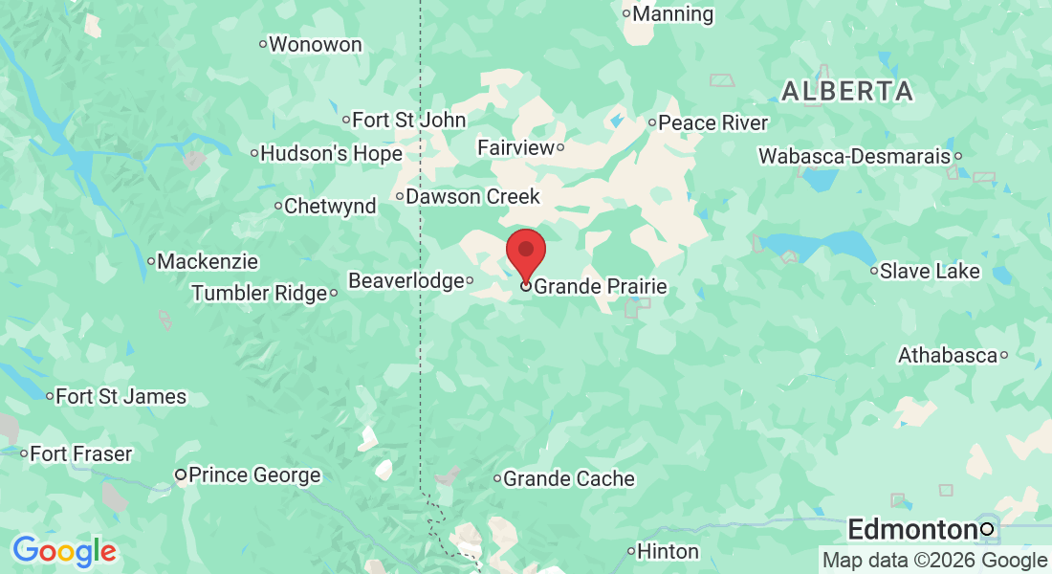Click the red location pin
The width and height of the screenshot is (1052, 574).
click(x=525, y=252)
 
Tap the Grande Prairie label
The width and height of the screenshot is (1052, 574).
click(x=600, y=286)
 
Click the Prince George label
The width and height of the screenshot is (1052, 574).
click(x=254, y=475)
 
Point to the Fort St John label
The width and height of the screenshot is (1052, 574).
click(x=408, y=120)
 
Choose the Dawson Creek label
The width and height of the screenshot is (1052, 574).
click(x=472, y=196)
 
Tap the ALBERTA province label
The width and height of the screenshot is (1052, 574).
click(x=846, y=92)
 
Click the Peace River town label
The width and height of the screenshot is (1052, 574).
click(x=712, y=122)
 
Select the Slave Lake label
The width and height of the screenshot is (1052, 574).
click(x=930, y=271)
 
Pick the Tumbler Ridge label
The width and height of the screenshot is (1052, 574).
click(x=259, y=293)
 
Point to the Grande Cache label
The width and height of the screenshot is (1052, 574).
click(x=568, y=478)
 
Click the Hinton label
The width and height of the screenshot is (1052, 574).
click(x=668, y=551)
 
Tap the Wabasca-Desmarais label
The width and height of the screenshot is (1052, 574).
click(x=854, y=155)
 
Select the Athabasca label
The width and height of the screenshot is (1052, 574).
click(x=947, y=356)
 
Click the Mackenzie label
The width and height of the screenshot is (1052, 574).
click(x=208, y=260)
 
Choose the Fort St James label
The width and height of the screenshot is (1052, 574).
click(x=121, y=396)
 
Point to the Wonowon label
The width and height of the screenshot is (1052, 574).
click(x=315, y=44)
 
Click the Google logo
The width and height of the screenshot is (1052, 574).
click(x=64, y=551)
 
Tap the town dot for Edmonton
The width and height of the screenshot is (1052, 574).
click(x=987, y=529)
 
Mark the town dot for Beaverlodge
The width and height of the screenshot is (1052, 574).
click(x=470, y=281)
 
